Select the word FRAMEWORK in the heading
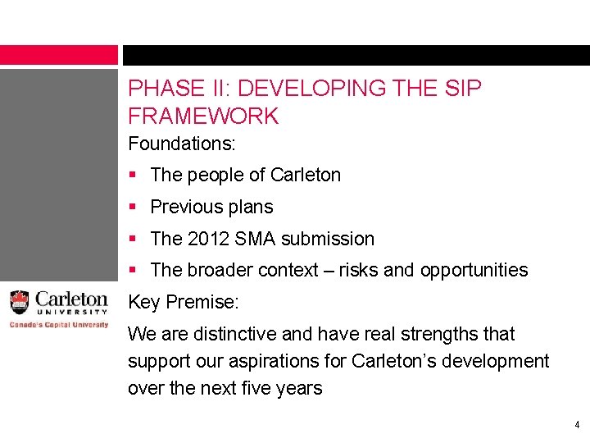(203, 116)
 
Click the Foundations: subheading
(182, 144)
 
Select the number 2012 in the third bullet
(210, 239)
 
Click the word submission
(328, 239)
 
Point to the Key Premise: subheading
(184, 302)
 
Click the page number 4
(577, 425)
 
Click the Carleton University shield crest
(19, 303)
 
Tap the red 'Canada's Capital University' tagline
(58, 324)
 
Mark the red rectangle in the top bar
(59, 55)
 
